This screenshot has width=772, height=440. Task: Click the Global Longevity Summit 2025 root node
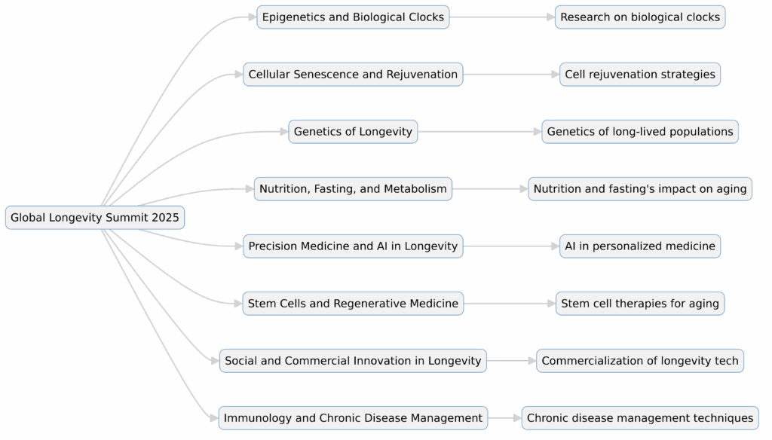[95, 218]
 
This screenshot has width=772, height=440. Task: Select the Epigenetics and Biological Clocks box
[353, 17]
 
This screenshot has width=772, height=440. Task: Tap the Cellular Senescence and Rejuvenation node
[353, 74]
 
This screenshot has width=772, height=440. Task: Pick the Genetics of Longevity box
[353, 131]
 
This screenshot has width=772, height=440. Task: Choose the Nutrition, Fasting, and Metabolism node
[353, 188]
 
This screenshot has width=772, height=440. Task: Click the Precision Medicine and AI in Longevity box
[353, 246]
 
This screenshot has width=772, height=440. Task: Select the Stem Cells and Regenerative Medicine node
[353, 303]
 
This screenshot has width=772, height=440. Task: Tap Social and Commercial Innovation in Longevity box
[353, 360]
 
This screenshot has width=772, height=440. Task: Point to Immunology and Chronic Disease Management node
[353, 417]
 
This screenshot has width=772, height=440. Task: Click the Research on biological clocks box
[640, 17]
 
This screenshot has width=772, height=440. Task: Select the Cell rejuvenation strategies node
[640, 74]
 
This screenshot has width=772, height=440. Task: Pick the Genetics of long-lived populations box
[640, 131]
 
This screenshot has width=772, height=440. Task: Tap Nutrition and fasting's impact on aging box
[640, 188]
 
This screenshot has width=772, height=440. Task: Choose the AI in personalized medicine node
[640, 246]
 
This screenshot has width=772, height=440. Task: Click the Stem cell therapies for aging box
[640, 303]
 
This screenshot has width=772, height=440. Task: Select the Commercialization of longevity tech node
[640, 360]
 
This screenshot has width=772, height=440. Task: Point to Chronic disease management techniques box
[640, 417]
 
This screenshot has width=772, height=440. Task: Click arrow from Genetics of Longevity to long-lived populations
[479, 131]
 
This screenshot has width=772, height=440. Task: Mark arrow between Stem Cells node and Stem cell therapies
[510, 303]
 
